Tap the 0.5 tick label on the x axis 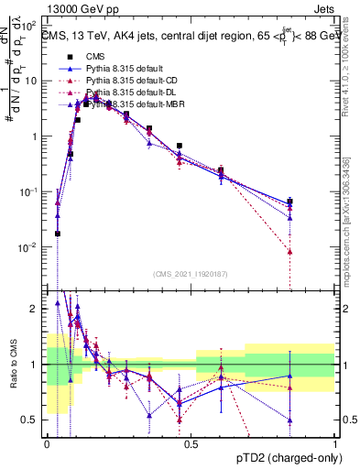tap(191, 444)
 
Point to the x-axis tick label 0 tap(47, 444)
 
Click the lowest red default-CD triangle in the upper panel tap(289, 251)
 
